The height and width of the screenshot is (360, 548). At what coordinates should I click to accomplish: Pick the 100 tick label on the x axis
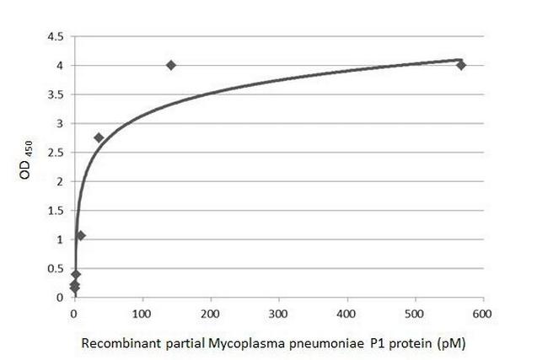tap(142, 313)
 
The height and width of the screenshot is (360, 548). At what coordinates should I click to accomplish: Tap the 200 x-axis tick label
tap(211, 313)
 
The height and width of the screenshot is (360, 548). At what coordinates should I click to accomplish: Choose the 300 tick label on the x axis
tap(279, 313)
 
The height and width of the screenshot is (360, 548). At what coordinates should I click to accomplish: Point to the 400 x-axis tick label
tap(347, 313)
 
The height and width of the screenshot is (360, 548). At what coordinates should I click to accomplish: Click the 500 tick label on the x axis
tap(415, 313)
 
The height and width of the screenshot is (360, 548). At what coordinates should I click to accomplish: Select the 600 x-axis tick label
tap(483, 313)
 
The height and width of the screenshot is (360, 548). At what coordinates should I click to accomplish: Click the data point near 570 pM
tap(461, 65)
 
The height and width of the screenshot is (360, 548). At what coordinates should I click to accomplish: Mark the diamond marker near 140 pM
tap(171, 65)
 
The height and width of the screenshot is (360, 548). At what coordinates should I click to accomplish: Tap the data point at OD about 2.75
tap(99, 137)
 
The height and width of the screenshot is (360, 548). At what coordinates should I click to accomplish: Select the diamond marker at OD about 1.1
tap(81, 235)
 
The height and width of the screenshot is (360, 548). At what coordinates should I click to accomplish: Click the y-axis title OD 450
tap(24, 166)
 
